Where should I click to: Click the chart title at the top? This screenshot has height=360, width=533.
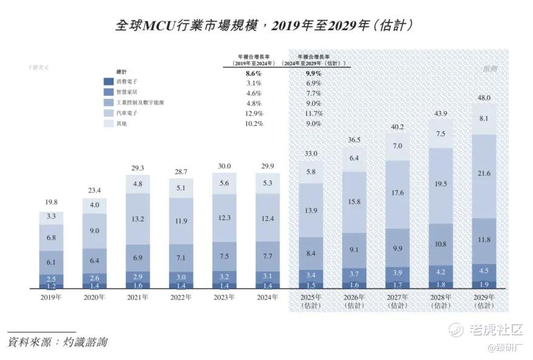(x=266, y=25)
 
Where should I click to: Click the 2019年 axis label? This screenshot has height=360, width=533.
(x=51, y=297)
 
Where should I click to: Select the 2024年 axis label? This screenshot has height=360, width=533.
(x=267, y=297)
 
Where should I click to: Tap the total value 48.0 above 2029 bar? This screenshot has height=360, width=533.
(x=484, y=98)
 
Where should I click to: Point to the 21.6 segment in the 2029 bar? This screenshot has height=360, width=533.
(x=484, y=174)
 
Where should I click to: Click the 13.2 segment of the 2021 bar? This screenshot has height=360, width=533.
(x=138, y=218)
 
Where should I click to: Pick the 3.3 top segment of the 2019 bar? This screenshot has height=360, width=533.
(x=51, y=216)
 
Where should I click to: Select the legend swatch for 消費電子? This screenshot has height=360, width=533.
(x=109, y=82)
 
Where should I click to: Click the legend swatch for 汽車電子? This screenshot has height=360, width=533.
(x=109, y=113)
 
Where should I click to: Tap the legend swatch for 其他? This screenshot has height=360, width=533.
(x=109, y=124)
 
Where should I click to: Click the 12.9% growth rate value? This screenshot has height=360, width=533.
(x=254, y=114)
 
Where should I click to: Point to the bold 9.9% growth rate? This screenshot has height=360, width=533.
(x=313, y=73)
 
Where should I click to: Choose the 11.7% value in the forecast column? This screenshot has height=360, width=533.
(x=314, y=114)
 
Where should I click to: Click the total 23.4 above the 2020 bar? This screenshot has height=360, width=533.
(x=94, y=190)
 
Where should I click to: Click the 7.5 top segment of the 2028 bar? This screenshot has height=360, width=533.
(x=441, y=134)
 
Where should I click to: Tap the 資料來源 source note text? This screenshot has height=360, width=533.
(x=58, y=342)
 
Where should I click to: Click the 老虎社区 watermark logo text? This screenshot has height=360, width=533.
(x=495, y=330)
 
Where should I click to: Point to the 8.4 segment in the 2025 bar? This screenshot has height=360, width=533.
(x=310, y=253)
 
